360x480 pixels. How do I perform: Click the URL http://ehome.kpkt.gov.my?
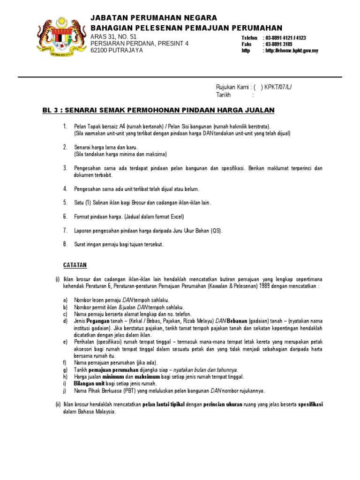(x=291, y=51)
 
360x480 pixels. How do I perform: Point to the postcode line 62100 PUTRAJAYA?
(x=117, y=50)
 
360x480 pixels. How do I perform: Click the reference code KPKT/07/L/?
(x=281, y=87)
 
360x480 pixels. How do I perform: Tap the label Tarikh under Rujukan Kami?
(x=224, y=94)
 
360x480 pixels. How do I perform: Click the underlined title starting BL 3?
(x=158, y=110)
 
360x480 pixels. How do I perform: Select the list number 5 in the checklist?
(x=65, y=202)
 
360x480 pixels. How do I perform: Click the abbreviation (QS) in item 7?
(x=216, y=231)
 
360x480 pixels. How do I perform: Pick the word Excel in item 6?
(x=177, y=217)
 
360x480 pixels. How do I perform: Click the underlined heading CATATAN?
(x=75, y=265)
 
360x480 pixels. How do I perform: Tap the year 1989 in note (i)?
(x=263, y=286)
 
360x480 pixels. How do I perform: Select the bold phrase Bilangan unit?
(x=90, y=383)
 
